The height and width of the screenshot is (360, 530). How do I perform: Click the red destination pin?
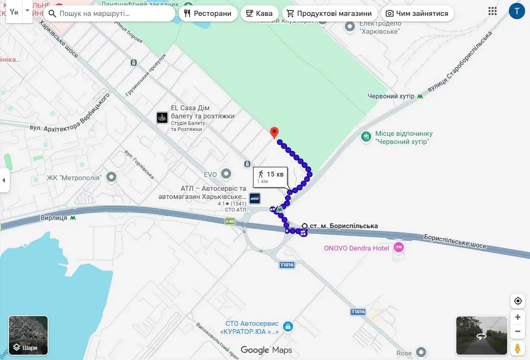coord(274,133)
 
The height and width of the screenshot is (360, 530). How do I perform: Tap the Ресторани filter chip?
coord(208,13)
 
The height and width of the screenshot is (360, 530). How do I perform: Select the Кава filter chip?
coord(259,13)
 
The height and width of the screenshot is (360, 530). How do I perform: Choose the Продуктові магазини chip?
coord(329,13)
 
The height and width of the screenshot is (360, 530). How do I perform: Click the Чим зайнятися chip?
coord(417,13)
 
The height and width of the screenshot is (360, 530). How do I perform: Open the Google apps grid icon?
coord(492,11)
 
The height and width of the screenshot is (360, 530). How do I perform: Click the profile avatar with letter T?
coord(517,11)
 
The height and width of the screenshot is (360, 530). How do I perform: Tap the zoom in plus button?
coord(518,317)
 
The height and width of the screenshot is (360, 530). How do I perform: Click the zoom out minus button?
coord(518,331)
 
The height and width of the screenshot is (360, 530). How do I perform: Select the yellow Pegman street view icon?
coord(518,348)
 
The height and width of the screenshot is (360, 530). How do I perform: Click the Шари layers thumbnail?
coord(28,336)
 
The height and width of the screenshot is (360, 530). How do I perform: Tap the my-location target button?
coord(518,301)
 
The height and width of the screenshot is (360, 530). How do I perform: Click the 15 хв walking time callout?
coord(270,177)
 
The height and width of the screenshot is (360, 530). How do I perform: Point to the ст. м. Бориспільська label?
coord(343,226)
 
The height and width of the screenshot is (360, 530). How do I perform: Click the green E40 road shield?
coord(230,221)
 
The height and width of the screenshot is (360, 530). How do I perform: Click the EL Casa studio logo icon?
coord(162,118)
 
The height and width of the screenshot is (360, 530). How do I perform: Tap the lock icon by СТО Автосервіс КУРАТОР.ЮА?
coord(288,326)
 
